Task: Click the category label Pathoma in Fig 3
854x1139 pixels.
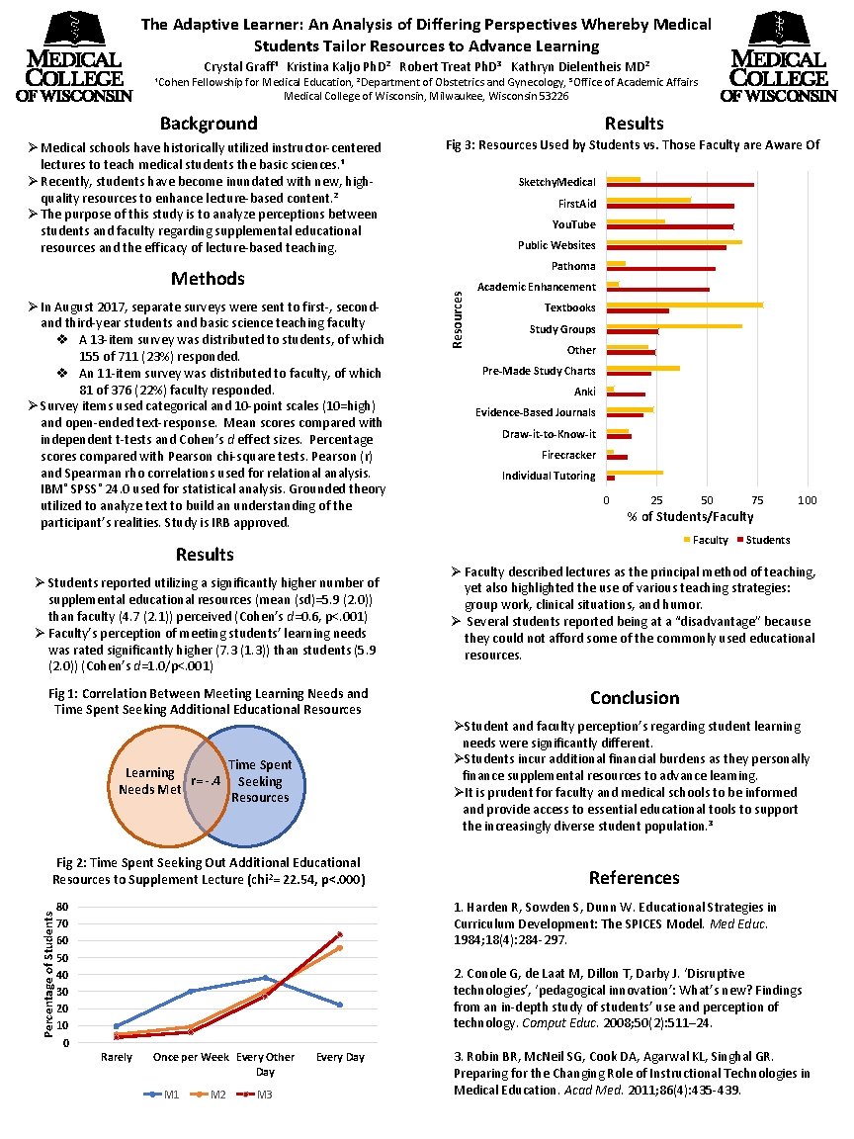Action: coord(573,266)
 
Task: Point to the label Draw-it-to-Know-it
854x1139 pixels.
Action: coord(549,434)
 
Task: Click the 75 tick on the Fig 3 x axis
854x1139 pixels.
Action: coord(758,500)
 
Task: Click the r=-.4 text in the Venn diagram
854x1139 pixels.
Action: coord(209,781)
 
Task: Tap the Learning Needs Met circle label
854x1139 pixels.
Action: coord(149,781)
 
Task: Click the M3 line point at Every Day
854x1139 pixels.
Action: coord(340,933)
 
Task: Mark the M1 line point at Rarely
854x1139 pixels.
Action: coord(118,1026)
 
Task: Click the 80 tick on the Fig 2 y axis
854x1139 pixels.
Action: coord(62,907)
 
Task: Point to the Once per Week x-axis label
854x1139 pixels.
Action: coord(192,1057)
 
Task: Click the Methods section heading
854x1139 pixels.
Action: coord(208,279)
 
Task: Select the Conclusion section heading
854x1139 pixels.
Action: coord(634,698)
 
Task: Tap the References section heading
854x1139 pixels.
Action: coord(634,878)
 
